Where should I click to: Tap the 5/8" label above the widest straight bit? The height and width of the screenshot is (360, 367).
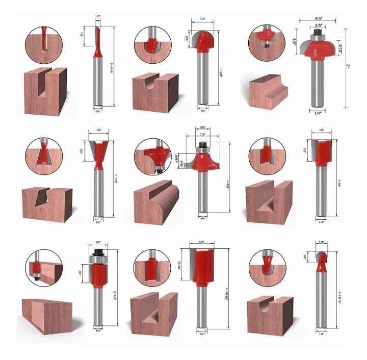click(202, 241)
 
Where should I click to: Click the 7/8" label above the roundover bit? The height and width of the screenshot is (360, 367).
click(203, 134)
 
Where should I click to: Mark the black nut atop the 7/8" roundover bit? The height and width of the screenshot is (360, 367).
click(203, 146)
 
